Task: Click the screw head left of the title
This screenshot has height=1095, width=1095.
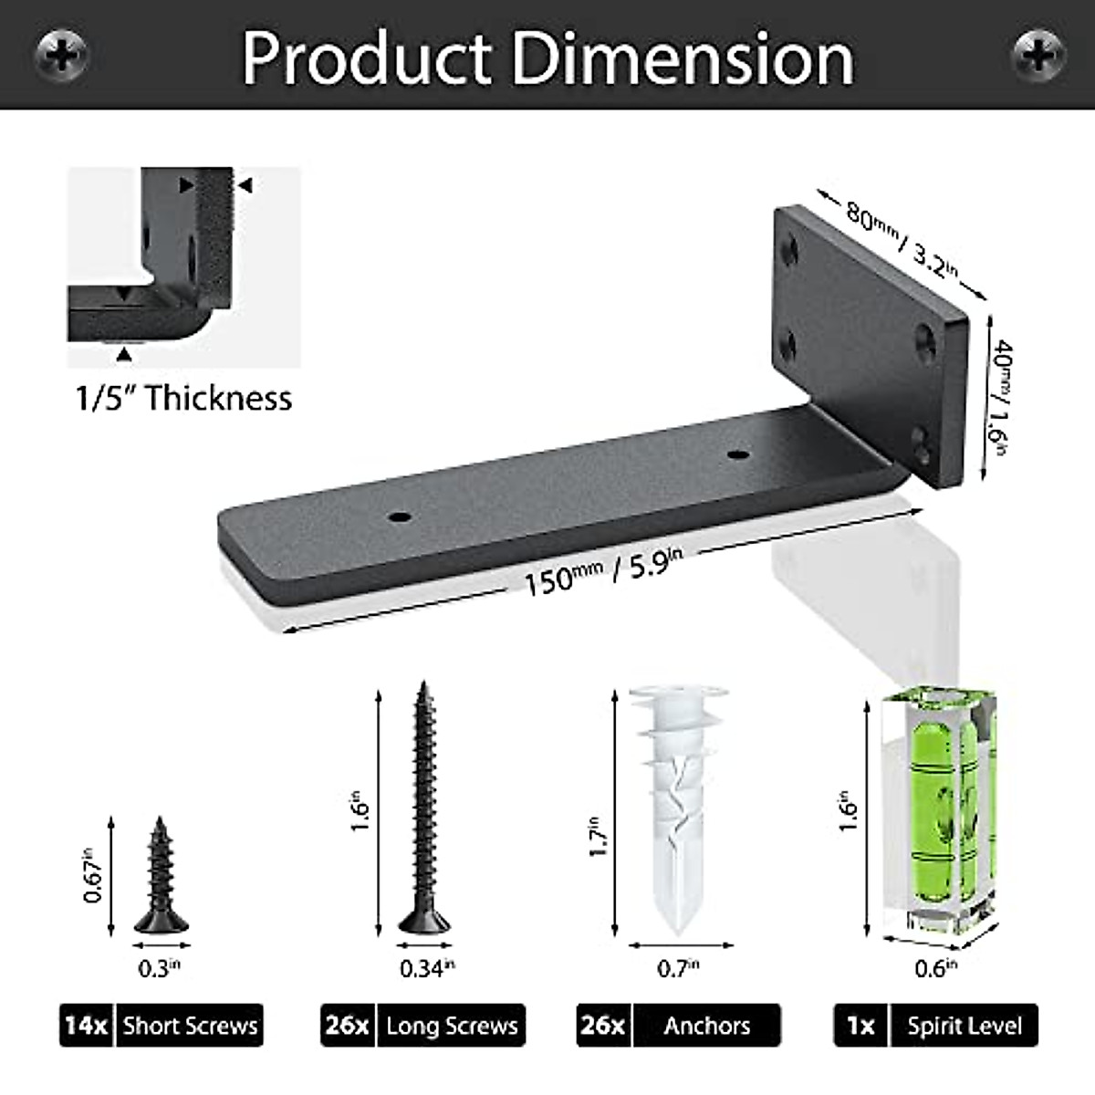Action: pyautogui.click(x=62, y=56)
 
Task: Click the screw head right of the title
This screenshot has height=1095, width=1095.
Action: pyautogui.click(x=1038, y=56)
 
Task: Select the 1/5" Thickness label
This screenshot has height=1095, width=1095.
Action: pyautogui.click(x=183, y=399)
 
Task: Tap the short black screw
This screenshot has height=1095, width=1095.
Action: pyautogui.click(x=162, y=877)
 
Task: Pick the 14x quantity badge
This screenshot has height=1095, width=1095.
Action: pyautogui.click(x=87, y=1026)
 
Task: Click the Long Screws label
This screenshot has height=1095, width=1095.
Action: pyautogui.click(x=452, y=1026)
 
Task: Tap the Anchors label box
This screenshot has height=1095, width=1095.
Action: pyautogui.click(x=707, y=1026)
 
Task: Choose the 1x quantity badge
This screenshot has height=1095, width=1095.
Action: pyautogui.click(x=860, y=1026)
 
